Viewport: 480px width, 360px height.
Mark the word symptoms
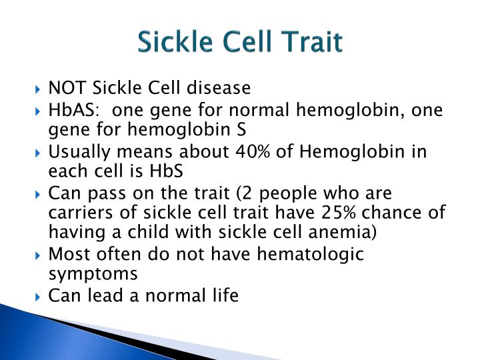point(93,273)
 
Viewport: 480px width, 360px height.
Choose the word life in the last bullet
point(225,295)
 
